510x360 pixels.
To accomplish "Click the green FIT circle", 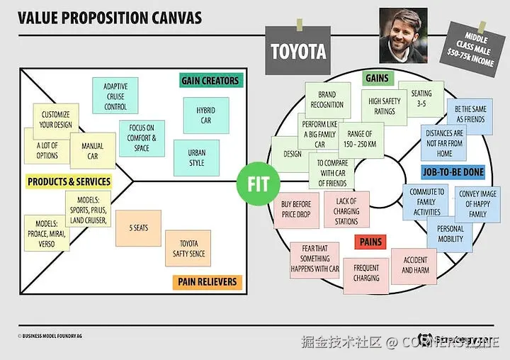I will point(258,182).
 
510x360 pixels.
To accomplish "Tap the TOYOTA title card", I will point(298,52).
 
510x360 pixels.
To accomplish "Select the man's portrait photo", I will point(403,35).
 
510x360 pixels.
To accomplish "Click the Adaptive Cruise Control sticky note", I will point(115,96).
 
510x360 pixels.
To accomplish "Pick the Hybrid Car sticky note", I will point(205,115).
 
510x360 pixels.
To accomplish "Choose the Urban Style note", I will point(196,157).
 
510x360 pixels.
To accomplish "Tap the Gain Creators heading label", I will point(210,80).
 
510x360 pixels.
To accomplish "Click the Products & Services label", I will point(69,181).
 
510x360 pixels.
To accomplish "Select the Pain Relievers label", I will point(206,282).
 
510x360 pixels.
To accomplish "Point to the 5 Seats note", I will point(138,228).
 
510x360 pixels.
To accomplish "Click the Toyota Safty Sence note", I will point(188,248).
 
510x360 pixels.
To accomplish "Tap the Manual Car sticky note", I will point(92,150).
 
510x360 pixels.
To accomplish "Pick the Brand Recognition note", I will point(327,100).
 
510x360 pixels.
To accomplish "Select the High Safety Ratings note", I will point(385,106).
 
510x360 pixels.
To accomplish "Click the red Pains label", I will point(370,242).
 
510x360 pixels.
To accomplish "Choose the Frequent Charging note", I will point(366,273).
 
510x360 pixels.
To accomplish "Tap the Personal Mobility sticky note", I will point(450,234).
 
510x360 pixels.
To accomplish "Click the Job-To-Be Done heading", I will point(453,171).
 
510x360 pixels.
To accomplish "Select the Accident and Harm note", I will point(415,266).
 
